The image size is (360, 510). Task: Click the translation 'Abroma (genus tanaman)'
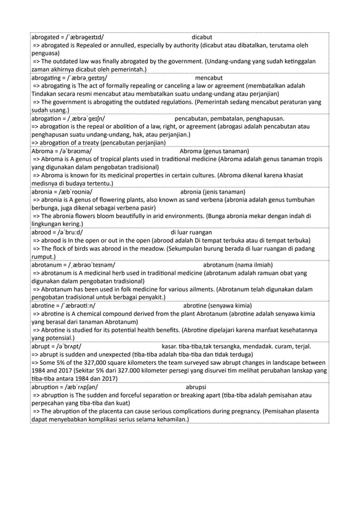(214, 151)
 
